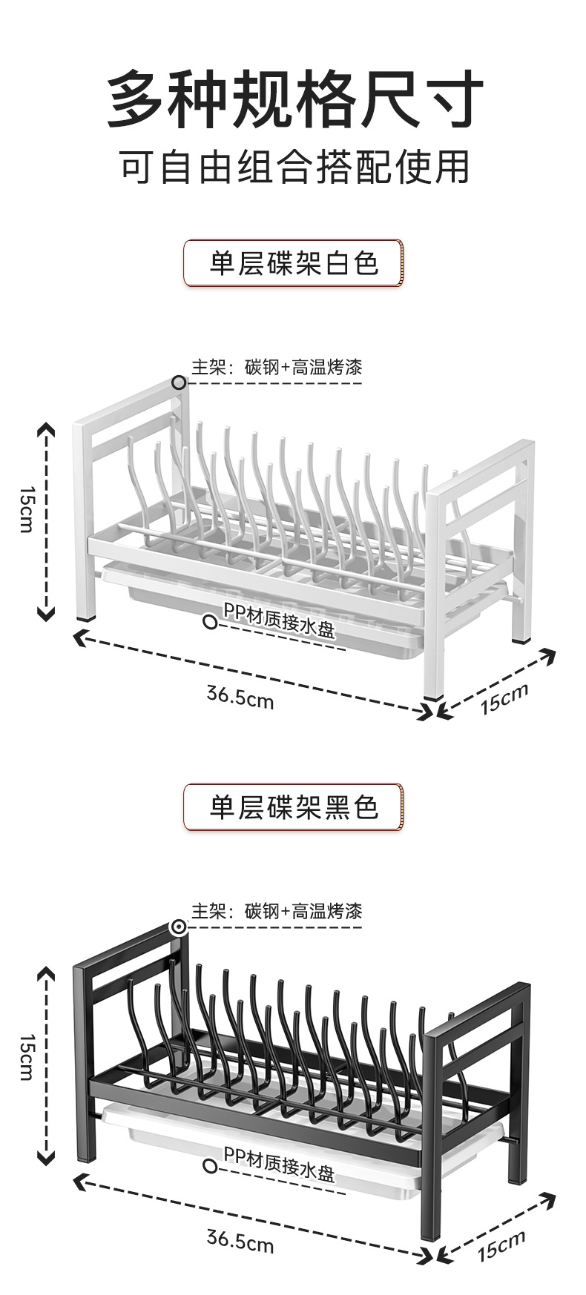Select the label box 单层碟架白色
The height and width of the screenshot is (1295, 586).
tap(293, 263)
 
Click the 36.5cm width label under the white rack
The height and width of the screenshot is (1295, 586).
tap(240, 697)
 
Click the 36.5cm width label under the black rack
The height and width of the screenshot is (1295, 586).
tap(240, 1240)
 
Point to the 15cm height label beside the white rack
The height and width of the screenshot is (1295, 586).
tap(26, 509)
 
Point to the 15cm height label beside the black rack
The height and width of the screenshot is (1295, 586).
tap(26, 1056)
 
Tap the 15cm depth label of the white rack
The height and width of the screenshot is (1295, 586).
tap(504, 698)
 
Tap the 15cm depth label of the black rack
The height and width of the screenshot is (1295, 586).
tap(501, 1245)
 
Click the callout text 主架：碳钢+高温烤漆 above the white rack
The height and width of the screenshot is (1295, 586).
tap(277, 367)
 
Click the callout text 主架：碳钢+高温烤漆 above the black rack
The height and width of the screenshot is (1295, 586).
tap(277, 910)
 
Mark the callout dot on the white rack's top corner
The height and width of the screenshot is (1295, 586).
tap(179, 382)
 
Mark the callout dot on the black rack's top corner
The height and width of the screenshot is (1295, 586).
tap(179, 927)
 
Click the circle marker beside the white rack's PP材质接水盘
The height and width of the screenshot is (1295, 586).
tap(211, 622)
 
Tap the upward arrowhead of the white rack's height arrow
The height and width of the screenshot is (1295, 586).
tap(46, 429)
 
